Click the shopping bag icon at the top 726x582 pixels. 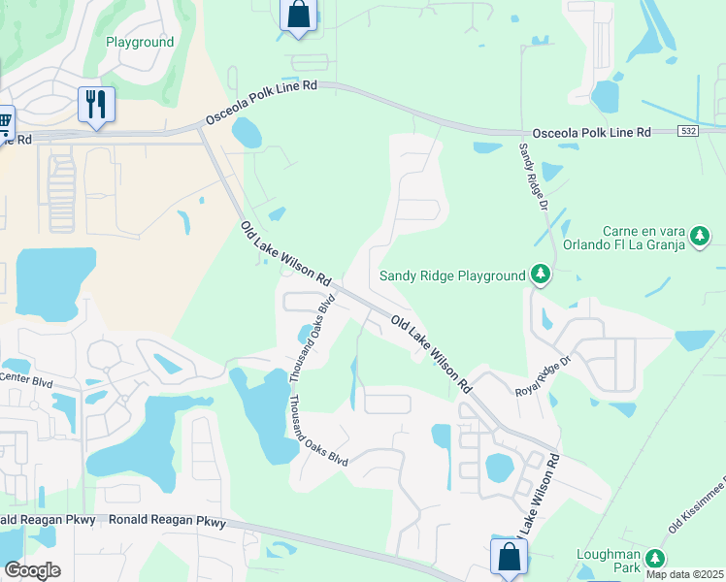[x=298, y=16]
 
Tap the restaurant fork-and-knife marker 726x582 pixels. [x=96, y=105]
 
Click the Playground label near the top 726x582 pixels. [x=140, y=43]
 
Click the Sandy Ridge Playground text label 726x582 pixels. [x=451, y=275]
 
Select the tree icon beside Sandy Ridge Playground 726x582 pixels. [x=542, y=276]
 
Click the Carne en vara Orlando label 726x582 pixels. [x=629, y=238]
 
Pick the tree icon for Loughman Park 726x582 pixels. [x=655, y=559]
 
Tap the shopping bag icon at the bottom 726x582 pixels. [x=509, y=558]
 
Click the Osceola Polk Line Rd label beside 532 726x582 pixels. [x=591, y=132]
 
